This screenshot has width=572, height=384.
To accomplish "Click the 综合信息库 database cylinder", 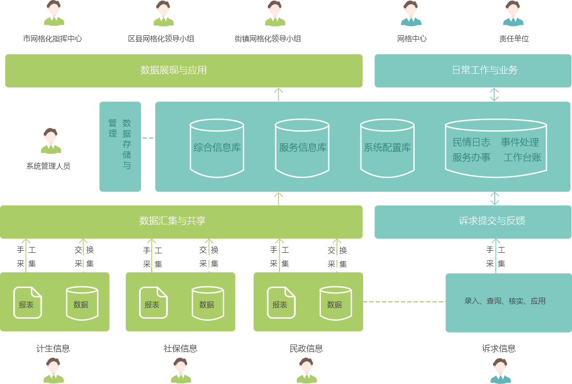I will (x=217, y=147).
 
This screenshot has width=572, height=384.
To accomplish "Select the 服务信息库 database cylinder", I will (x=302, y=147).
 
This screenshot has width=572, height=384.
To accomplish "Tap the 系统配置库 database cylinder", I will (x=387, y=147).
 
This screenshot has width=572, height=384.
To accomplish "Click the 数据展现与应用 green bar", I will (x=184, y=71).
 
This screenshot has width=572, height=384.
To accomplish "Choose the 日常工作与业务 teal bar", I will (x=473, y=71).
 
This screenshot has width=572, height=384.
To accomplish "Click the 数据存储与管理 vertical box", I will (x=120, y=146).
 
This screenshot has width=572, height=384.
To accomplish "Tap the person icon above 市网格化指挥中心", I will (x=54, y=14).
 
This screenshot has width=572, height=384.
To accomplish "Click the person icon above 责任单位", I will (x=513, y=14).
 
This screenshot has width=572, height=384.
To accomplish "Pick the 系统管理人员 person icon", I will (x=51, y=141).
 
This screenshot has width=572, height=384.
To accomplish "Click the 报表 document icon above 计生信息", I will (x=27, y=303).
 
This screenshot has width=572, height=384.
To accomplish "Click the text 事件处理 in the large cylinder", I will (x=519, y=142).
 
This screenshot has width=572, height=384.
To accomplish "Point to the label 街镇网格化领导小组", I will (x=268, y=39).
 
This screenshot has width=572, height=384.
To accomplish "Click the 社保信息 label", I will (x=180, y=349).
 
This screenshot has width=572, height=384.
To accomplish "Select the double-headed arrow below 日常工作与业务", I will (x=494, y=94).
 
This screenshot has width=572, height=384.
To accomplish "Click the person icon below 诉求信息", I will (x=500, y=371).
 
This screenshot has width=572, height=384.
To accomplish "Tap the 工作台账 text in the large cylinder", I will (x=522, y=157).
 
